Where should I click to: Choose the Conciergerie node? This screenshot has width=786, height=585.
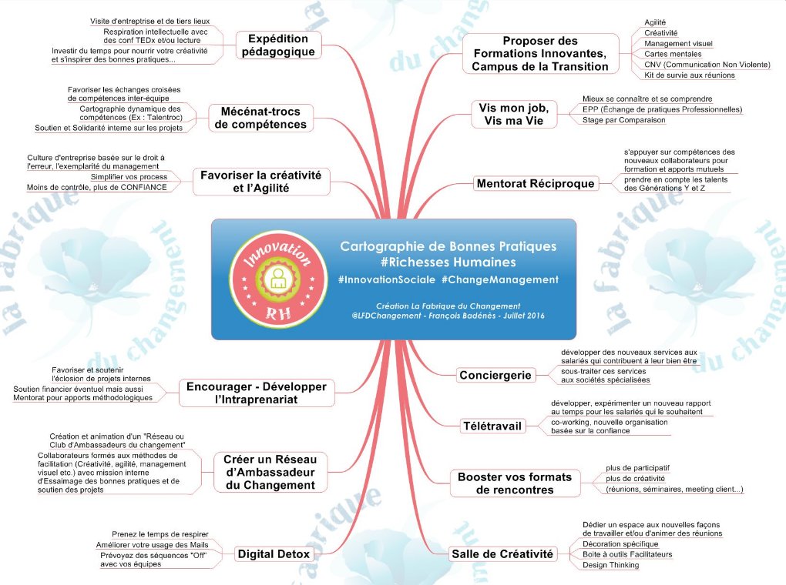[495, 375]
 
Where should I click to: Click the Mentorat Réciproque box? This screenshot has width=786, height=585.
[536, 183]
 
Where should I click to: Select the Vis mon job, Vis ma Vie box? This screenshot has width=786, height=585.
[513, 113]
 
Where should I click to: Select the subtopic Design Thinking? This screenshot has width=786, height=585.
[610, 565]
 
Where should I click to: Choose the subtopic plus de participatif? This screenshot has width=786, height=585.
[637, 468]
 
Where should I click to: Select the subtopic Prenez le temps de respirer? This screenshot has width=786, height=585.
[160, 534]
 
